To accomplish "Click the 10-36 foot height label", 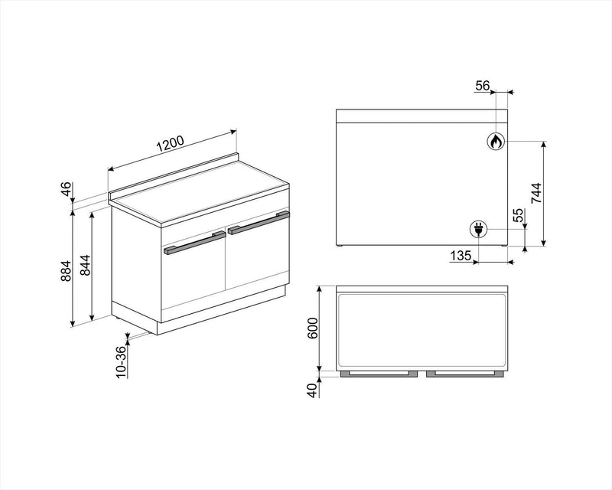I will pyautogui.click(x=120, y=361).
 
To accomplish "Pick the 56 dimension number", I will pyautogui.click(x=482, y=86).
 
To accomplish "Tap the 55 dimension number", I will pyautogui.click(x=518, y=217).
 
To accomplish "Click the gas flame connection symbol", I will pyautogui.click(x=495, y=141).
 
